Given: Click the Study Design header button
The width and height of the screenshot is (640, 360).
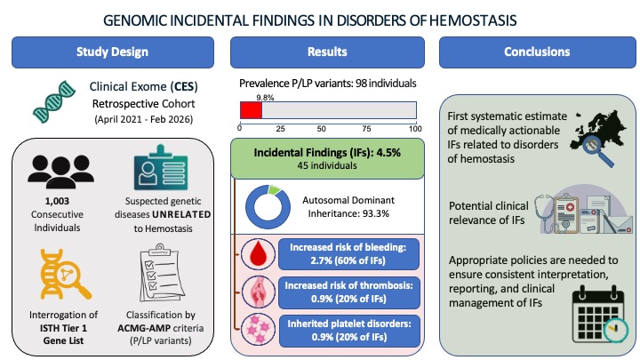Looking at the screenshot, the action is click(113, 52).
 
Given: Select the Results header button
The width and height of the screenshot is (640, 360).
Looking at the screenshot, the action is click(327, 52).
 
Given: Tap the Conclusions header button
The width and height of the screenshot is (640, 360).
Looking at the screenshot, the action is click(537, 52).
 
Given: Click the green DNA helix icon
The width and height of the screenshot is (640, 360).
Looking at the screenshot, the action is click(54, 102).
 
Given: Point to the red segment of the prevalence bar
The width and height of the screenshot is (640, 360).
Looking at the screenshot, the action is click(251, 110).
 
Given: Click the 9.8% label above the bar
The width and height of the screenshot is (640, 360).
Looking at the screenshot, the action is click(265, 98).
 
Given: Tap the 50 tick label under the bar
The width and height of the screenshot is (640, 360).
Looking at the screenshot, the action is click(321, 129).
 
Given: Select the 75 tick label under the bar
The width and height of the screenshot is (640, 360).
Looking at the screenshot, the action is click(366, 129).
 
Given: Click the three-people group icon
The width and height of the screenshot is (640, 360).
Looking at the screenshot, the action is click(60, 172).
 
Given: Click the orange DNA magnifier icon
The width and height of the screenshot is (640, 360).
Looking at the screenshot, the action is click(65, 275).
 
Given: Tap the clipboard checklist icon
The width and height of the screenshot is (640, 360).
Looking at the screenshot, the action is click(161, 272).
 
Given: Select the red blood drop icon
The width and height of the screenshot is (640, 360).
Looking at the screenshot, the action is click(258, 254).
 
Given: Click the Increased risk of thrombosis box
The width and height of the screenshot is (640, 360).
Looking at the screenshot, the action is click(349, 292).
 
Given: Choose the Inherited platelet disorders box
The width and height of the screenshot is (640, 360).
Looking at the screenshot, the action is click(349, 331).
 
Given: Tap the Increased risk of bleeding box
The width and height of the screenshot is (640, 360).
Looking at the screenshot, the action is click(348, 254).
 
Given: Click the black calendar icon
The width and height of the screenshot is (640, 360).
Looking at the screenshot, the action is click(598, 315).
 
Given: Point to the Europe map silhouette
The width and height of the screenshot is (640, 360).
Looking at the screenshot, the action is click(599, 130).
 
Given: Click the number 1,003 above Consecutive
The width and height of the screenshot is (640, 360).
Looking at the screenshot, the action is click(57, 201).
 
